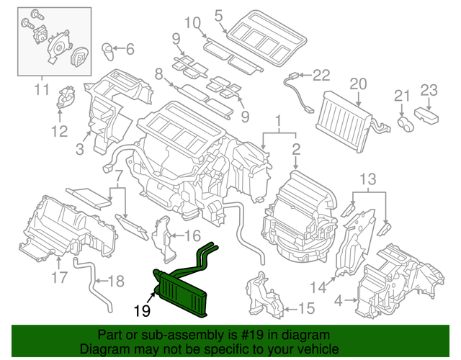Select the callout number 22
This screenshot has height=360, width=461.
[321, 75]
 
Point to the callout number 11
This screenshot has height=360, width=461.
[41, 91]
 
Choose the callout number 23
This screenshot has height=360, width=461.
[429, 90]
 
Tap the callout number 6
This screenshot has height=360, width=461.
[130, 50]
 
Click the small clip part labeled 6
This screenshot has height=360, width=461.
[109, 50]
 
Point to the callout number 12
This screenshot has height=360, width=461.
[58, 131]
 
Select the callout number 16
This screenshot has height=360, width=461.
[192, 235]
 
